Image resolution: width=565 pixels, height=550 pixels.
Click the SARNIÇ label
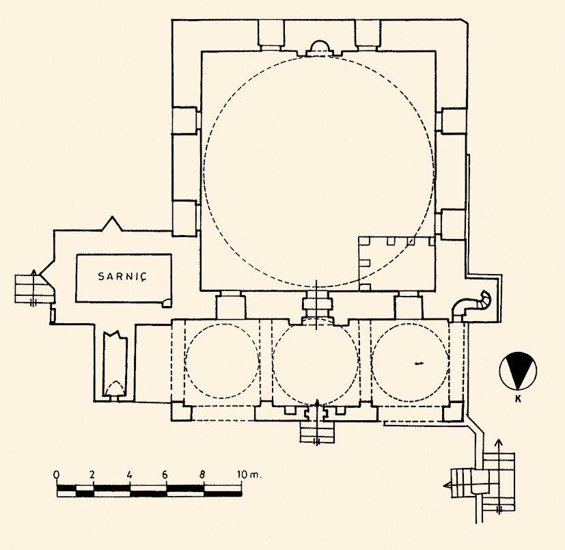[x=123, y=277]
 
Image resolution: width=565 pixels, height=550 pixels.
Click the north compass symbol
[x=518, y=371]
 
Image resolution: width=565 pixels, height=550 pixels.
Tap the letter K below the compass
[x=518, y=399]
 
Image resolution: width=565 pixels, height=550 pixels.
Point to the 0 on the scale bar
[x=56, y=474]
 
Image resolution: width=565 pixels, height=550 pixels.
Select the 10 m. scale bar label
[x=248, y=474]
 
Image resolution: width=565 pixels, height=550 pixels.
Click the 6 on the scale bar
[x=165, y=474]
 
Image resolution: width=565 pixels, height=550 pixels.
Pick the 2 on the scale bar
[x=92, y=474]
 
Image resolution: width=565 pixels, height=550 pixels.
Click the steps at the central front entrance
[x=317, y=431]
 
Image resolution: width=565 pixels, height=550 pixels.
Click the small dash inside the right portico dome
[x=418, y=363]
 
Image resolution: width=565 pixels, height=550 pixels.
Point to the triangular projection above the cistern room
[x=113, y=223]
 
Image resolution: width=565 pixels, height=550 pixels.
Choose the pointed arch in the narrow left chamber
[x=115, y=388]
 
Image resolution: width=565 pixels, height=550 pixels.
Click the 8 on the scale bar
[x=202, y=474]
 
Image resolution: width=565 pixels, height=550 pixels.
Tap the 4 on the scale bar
[x=130, y=474]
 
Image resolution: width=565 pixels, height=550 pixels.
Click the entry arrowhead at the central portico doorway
[x=317, y=402]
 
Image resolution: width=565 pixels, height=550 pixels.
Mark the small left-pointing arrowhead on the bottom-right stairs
[x=447, y=485]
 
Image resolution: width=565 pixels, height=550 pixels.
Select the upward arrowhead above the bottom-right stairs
[x=499, y=442]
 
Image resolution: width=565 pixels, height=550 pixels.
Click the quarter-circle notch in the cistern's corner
[x=167, y=303]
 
